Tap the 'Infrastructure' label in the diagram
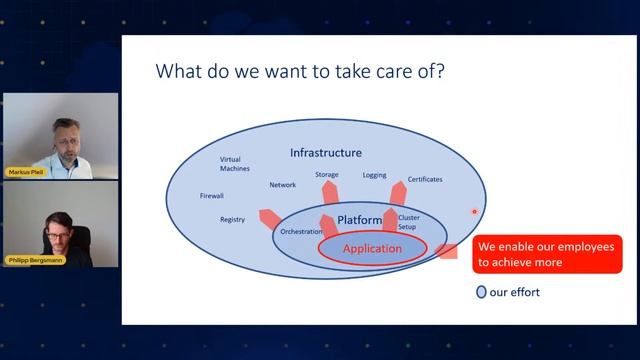click(x=325, y=153)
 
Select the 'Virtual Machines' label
click(x=237, y=164)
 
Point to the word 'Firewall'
click(x=212, y=196)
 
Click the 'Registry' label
click(x=232, y=220)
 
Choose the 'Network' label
click(x=283, y=185)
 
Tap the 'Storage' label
click(x=327, y=175)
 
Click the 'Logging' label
click(x=374, y=175)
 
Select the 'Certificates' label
click(x=425, y=180)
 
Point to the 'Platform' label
click(x=360, y=219)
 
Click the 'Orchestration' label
click(x=301, y=231)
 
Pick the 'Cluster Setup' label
click(x=409, y=221)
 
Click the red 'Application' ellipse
click(x=372, y=248)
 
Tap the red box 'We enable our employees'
click(x=546, y=254)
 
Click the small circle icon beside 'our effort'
click(x=481, y=293)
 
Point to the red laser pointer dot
click(x=474, y=211)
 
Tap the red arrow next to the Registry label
click(x=268, y=216)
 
